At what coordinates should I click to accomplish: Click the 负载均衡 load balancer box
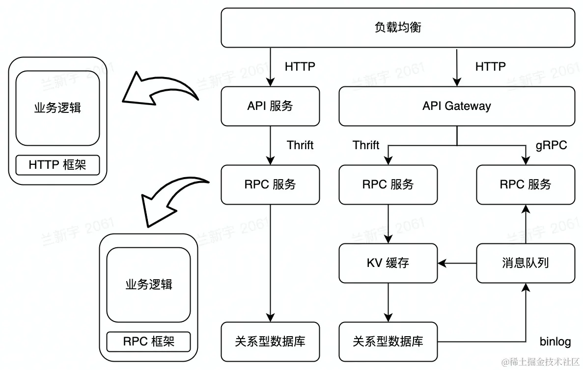click(x=398, y=27)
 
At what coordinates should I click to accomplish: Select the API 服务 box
click(x=270, y=106)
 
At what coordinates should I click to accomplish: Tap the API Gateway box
click(x=456, y=106)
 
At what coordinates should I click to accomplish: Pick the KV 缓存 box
click(x=388, y=263)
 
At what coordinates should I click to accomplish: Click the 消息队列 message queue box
click(x=525, y=263)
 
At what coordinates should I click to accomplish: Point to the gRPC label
click(x=551, y=145)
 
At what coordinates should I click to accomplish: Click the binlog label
click(x=555, y=342)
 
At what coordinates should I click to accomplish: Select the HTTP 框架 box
click(x=57, y=165)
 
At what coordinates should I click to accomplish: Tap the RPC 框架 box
click(x=149, y=341)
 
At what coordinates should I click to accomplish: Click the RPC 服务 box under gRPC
click(x=525, y=185)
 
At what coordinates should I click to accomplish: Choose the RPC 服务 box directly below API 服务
click(x=270, y=185)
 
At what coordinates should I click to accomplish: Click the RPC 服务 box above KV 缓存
click(x=388, y=185)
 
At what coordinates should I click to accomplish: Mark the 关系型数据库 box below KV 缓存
click(x=388, y=342)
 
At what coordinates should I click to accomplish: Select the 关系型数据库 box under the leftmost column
click(x=270, y=342)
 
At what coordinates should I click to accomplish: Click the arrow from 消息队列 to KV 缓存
click(x=457, y=263)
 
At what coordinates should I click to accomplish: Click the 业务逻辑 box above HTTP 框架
click(x=57, y=108)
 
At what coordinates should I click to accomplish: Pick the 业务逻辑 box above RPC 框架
click(x=149, y=284)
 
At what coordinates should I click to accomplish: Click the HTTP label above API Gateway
click(x=490, y=66)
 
